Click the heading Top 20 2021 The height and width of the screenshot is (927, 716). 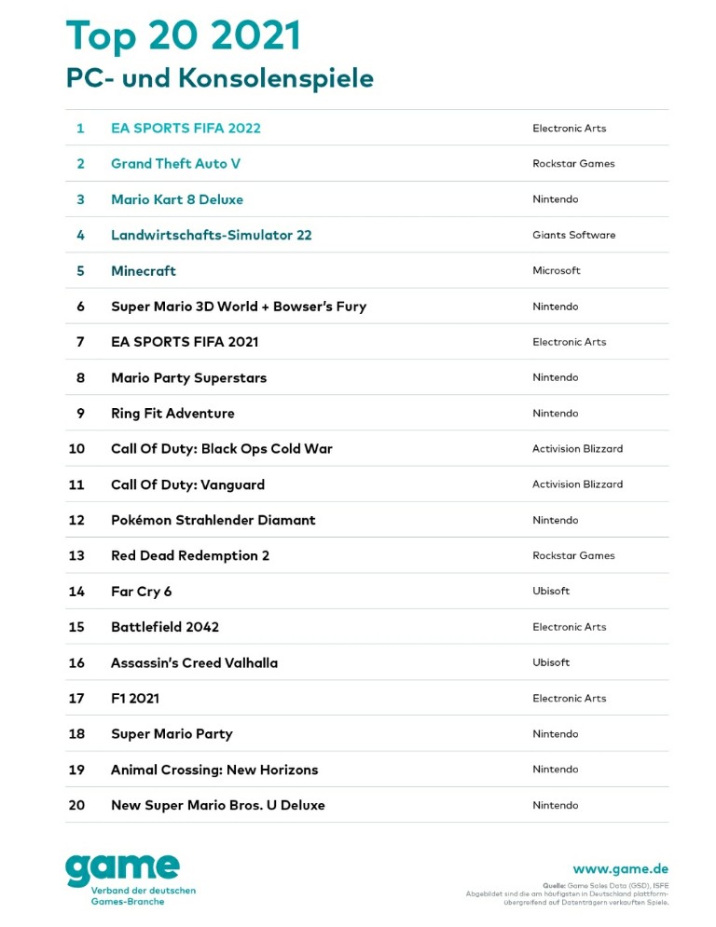(x=184, y=36)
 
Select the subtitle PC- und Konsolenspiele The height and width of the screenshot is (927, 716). (x=219, y=78)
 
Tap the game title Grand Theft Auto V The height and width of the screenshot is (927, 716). (x=175, y=164)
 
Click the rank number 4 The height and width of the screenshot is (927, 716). (x=80, y=235)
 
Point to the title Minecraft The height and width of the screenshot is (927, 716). (x=144, y=271)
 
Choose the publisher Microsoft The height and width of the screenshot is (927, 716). (x=556, y=271)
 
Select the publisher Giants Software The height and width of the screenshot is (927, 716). (x=573, y=235)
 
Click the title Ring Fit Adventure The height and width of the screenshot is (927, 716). (x=172, y=414)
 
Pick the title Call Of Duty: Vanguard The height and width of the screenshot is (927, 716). (x=187, y=484)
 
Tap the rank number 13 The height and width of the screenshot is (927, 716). (x=76, y=556)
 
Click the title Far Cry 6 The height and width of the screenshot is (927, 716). (x=141, y=592)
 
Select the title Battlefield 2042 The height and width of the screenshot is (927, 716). (x=165, y=627)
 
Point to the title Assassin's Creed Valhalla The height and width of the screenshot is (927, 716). (x=194, y=663)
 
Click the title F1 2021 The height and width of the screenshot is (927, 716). (x=135, y=699)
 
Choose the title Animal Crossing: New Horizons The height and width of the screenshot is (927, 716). (x=214, y=770)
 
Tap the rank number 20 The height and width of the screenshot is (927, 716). (x=76, y=806)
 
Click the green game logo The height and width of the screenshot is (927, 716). (x=122, y=870)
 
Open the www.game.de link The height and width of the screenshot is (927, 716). (x=620, y=868)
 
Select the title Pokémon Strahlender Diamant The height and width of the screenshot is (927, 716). (x=213, y=520)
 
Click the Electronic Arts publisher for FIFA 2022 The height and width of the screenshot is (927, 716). (x=569, y=129)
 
